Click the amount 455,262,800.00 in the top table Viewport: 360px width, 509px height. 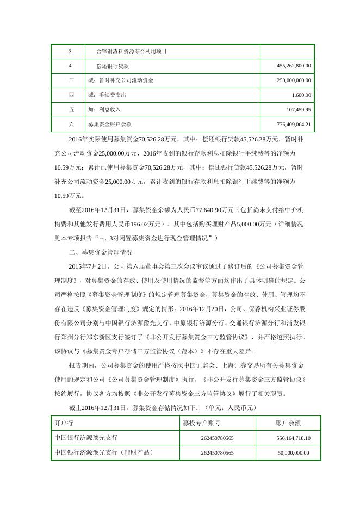point(294,66)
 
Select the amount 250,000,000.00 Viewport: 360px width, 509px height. point(294,80)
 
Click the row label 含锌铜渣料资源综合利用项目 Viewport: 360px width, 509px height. point(131,52)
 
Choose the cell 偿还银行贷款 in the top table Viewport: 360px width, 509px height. point(111,66)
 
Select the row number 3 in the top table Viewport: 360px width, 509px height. point(71,52)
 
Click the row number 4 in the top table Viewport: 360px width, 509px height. point(71,66)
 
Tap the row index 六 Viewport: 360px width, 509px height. point(71,125)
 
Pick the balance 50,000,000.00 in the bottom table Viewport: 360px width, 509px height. point(293,452)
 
